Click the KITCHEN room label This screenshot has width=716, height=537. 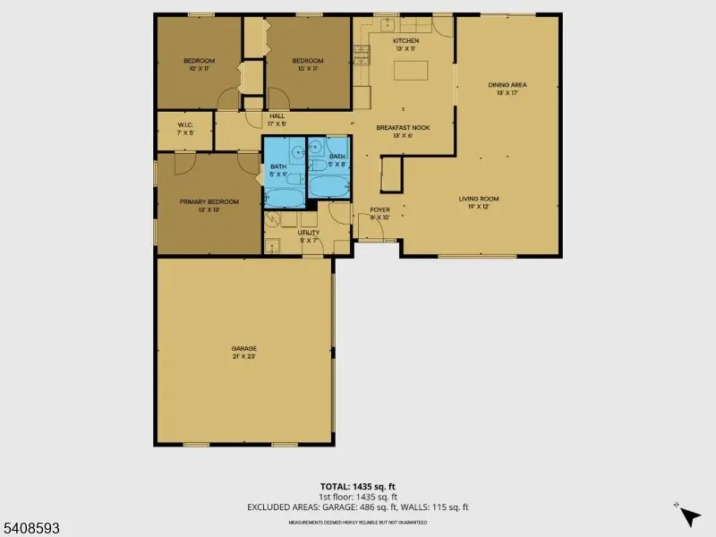click(405, 41)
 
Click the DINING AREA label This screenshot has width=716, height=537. click(507, 85)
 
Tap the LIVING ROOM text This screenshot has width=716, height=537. click(479, 199)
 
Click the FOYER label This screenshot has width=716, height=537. click(380, 209)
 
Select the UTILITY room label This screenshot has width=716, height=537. click(308, 233)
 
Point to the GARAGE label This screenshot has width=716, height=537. click(244, 348)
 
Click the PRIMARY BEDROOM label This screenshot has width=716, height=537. click(209, 201)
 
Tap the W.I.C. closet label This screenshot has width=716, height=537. click(186, 125)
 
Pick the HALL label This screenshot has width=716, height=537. click(277, 115)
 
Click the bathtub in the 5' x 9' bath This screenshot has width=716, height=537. click(284, 198)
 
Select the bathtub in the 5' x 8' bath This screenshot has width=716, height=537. click(328, 187)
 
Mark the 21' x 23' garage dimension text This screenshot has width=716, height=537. click(244, 356)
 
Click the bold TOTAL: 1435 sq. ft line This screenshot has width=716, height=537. click(357, 488)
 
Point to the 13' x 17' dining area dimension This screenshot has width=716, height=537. click(507, 93)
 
